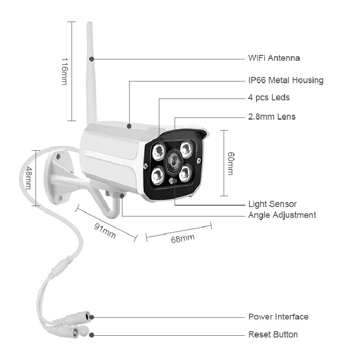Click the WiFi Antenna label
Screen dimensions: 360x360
(274, 58)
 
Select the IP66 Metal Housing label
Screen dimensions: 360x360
(286, 81)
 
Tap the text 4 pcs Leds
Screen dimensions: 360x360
(269, 97)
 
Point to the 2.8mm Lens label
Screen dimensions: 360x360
(272, 117)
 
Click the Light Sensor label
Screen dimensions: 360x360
(272, 204)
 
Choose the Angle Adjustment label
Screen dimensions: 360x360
(282, 215)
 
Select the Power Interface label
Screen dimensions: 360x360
(278, 317)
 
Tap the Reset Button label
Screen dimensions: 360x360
(273, 334)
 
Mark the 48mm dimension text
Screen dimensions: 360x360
(28, 177)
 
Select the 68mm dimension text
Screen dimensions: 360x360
(182, 238)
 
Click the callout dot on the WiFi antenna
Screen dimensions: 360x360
(91, 58)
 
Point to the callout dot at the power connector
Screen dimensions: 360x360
(91, 317)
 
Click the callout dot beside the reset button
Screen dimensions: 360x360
(91, 334)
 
